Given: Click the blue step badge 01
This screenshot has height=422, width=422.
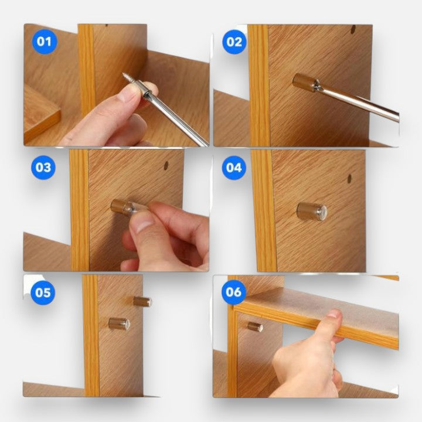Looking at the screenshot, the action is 45,42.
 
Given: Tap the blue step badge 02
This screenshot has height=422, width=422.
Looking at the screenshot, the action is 234,42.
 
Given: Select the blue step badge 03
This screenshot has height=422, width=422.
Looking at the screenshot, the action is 43,168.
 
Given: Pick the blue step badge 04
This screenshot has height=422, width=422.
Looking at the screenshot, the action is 234,168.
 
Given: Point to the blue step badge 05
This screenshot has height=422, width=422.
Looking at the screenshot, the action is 43,292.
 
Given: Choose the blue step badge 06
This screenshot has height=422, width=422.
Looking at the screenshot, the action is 234,292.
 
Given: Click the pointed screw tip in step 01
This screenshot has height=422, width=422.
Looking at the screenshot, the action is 124,74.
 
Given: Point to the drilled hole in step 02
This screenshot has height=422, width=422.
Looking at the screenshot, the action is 353,29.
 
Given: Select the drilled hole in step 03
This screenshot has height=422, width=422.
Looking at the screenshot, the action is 166,165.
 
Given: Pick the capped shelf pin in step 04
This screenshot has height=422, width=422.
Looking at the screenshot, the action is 312,212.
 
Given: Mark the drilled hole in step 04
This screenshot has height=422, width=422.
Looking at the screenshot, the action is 349,179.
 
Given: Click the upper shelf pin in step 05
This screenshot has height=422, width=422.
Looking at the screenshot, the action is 142,301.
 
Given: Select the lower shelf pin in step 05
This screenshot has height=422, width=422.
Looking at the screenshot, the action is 119,324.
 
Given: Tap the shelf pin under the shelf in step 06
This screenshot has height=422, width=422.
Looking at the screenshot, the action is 255,326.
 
